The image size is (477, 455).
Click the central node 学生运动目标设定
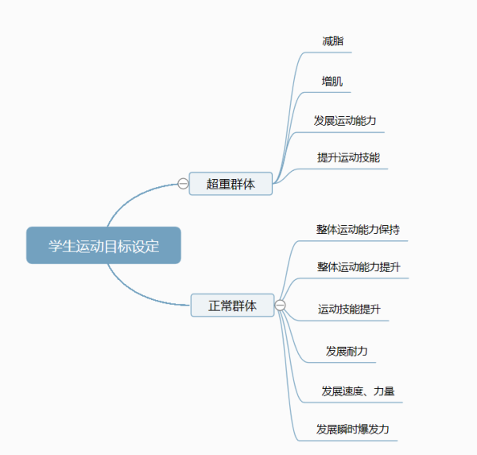coord(103,246)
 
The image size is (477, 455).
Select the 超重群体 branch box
coord(231,184)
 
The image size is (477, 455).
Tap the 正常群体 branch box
coord(232,305)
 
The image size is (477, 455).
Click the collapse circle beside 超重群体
coord(183,184)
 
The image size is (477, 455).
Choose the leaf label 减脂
coord(333,41)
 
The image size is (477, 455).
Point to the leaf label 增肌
coord(332,81)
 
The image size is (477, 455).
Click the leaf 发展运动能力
coord(345,121)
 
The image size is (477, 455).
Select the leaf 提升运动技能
coord(348,157)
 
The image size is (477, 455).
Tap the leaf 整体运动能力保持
coord(358,230)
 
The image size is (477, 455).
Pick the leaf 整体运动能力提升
coord(358,266)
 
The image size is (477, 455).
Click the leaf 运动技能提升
coord(350,309)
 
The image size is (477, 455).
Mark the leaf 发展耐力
coord(347,351)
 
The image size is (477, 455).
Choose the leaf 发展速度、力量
coord(358,391)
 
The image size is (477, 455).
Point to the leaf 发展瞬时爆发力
coord(353,430)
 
